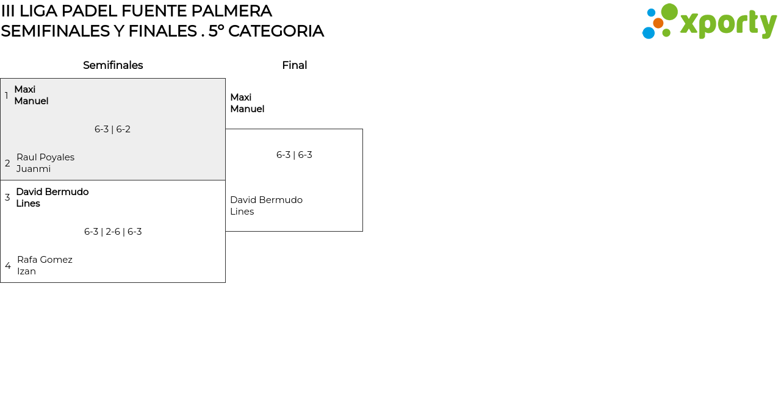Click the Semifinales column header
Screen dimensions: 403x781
point(113,65)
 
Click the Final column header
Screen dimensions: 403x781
point(294,65)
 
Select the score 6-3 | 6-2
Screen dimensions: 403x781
point(112,129)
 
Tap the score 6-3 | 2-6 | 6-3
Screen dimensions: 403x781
point(113,232)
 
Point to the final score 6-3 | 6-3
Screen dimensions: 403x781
point(294,155)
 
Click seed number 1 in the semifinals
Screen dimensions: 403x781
point(7,96)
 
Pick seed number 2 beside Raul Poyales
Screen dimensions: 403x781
point(7,163)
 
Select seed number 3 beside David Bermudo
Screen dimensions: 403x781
point(7,198)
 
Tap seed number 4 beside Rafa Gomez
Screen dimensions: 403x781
point(8,266)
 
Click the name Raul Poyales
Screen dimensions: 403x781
point(45,157)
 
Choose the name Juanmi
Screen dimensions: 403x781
point(34,169)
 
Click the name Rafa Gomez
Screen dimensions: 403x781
point(45,260)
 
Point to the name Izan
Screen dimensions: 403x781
point(26,271)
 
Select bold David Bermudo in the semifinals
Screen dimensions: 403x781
point(52,192)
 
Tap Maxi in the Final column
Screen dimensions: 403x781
point(240,98)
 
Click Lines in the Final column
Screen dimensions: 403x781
point(242,212)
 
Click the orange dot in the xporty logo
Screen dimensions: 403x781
point(658,23)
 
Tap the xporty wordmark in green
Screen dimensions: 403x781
point(728,24)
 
